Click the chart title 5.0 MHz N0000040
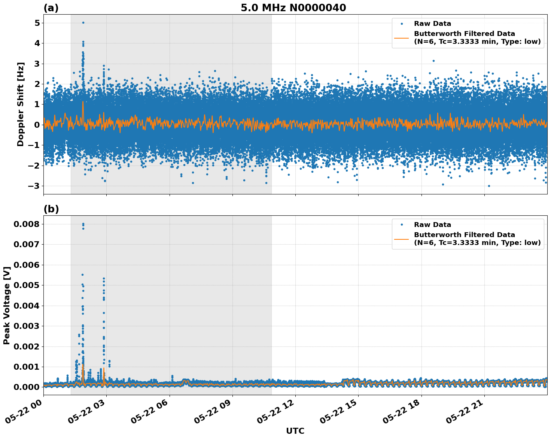click(293, 8)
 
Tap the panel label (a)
click(51, 8)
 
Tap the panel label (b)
click(51, 209)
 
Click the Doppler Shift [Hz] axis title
click(21, 104)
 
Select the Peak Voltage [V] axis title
click(6, 305)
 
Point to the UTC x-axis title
click(295, 431)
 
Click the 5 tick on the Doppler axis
click(37, 23)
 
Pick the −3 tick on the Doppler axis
click(34, 186)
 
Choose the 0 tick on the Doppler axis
click(37, 125)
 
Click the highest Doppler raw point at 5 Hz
click(83, 22)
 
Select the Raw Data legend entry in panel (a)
click(432, 24)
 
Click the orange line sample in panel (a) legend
click(402, 37)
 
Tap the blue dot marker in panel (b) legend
click(402, 225)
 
